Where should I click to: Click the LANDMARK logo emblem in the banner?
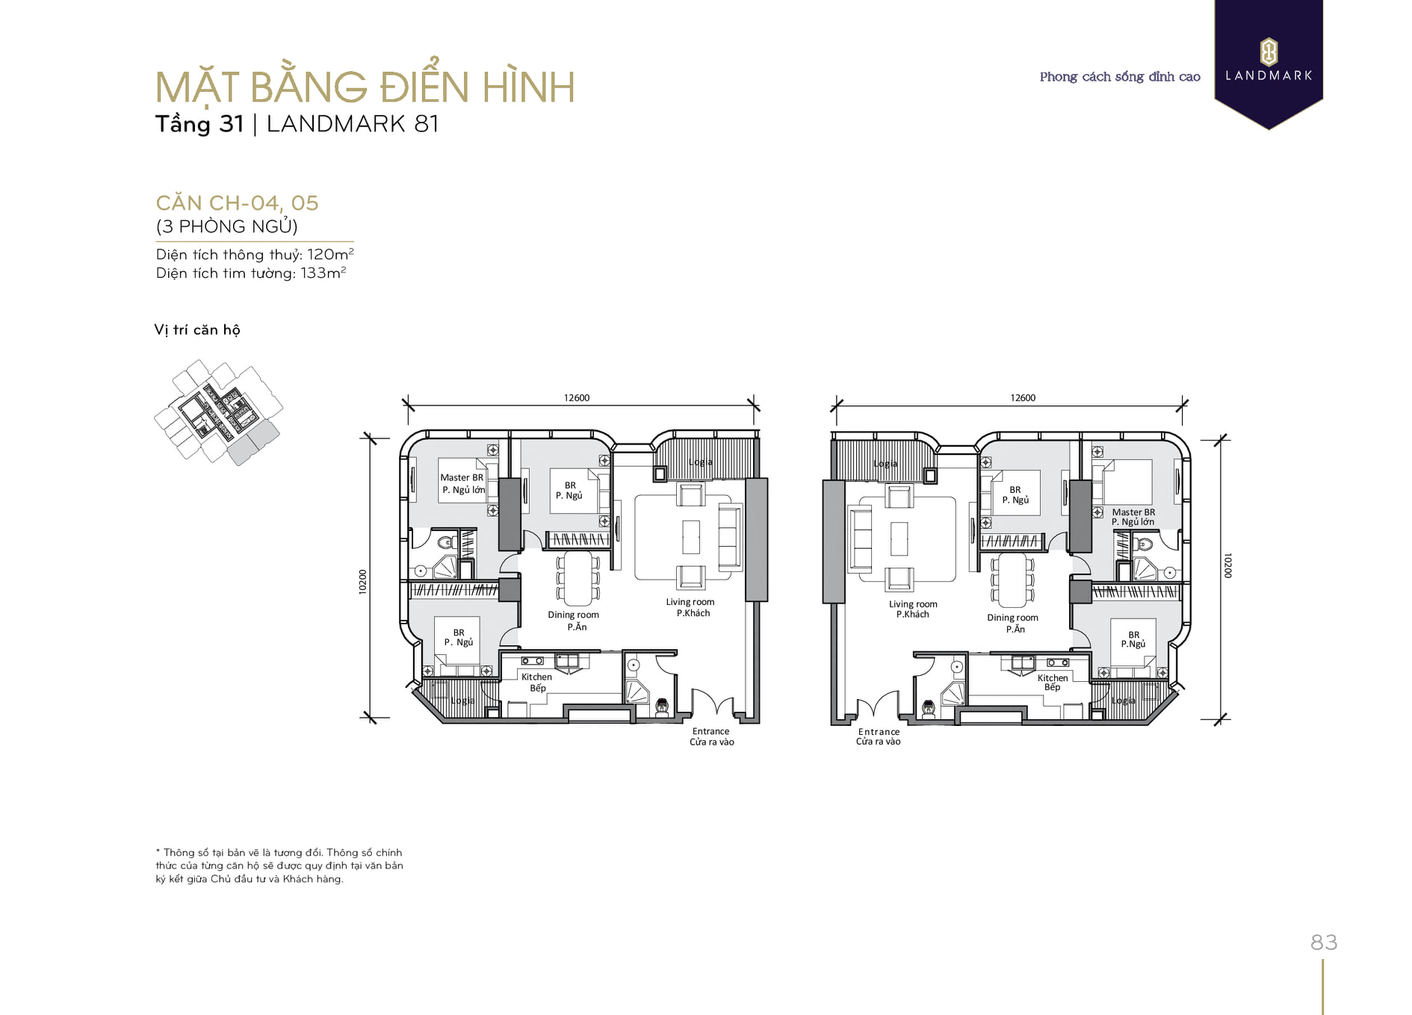click(1269, 52)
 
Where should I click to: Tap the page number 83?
click(1324, 943)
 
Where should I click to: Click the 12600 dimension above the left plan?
click(577, 398)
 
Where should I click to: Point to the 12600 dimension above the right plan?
click(1023, 398)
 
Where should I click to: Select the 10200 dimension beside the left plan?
click(363, 582)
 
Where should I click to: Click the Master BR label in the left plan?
click(462, 478)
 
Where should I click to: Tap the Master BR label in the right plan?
click(1133, 512)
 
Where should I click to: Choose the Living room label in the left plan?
click(690, 602)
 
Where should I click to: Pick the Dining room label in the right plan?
click(1012, 618)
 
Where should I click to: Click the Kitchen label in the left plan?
click(536, 677)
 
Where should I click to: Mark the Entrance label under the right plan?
click(879, 732)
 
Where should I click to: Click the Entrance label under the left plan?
click(710, 732)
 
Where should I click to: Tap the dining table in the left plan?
click(578, 578)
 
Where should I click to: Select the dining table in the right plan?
click(1012, 580)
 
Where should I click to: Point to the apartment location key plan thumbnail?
click(218, 412)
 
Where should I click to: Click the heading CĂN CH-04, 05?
click(237, 203)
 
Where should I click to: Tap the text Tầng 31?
click(199, 124)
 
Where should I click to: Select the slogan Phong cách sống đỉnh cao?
click(1120, 77)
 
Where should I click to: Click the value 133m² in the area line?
click(323, 273)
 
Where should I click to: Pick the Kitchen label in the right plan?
click(1053, 678)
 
